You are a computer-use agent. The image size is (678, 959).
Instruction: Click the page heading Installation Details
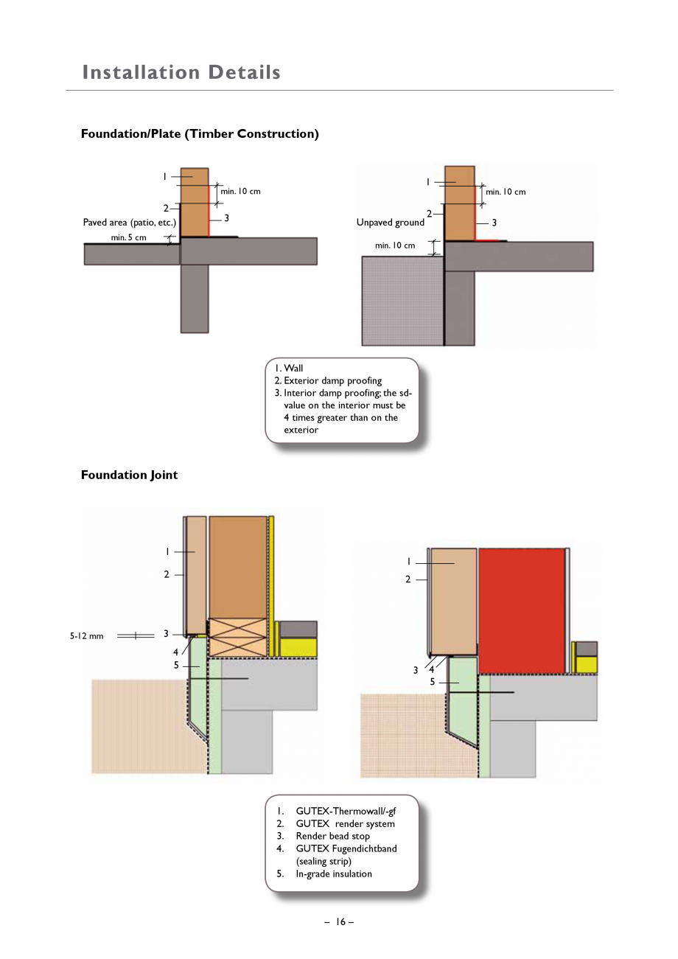[x=181, y=72]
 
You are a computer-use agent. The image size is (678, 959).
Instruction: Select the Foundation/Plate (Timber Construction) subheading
[x=200, y=133]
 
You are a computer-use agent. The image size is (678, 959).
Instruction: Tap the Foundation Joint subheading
[x=129, y=475]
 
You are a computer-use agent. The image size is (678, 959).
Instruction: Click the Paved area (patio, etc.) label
[x=129, y=222]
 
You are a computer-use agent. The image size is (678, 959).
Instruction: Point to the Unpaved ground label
[x=390, y=222]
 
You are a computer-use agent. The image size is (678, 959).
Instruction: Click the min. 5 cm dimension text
[x=128, y=237]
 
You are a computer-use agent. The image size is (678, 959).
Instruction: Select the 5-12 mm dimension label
[x=86, y=636]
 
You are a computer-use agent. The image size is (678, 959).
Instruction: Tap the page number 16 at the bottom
[x=339, y=921]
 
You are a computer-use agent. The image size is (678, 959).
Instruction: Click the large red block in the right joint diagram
[x=522, y=610]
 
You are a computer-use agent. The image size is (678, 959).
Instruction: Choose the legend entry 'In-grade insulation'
[x=333, y=873]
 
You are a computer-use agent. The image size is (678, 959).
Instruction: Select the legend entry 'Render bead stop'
[x=332, y=836]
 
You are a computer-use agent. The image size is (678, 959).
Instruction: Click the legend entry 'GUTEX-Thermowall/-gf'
[x=345, y=811]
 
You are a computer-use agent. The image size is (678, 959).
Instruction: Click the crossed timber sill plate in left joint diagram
[x=237, y=637]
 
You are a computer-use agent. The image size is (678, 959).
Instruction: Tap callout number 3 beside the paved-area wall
[x=226, y=218]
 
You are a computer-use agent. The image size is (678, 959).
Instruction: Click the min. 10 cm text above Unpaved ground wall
[x=506, y=192]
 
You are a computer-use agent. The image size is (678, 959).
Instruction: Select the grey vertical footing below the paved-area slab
[x=195, y=299]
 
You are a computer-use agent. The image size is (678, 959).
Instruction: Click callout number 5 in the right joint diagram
[x=433, y=682]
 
